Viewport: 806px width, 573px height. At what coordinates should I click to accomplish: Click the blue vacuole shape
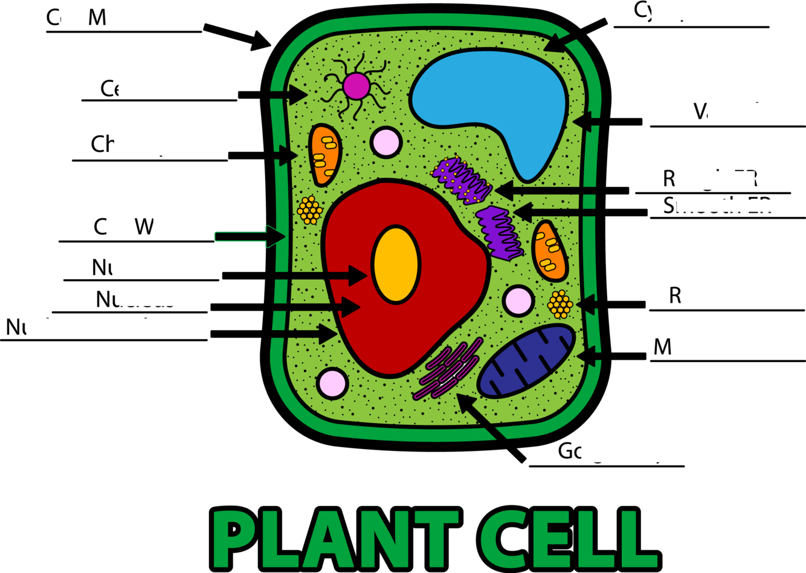coord(483,97)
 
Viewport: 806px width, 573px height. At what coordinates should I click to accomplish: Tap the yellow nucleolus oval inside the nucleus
coord(396,265)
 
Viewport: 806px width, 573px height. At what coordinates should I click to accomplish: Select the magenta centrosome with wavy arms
coord(356,86)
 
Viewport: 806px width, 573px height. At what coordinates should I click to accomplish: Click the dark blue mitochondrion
coord(526,361)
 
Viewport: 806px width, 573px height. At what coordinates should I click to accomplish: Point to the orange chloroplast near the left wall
coord(324,156)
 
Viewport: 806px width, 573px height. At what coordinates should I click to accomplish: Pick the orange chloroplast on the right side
coord(549,250)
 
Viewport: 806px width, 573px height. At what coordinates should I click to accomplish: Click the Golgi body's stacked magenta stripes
coord(448,369)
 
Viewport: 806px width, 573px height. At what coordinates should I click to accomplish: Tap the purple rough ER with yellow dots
coord(463,180)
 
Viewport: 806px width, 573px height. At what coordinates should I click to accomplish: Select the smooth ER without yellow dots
coord(499,233)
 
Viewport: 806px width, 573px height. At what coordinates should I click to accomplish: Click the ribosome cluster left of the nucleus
coord(310,210)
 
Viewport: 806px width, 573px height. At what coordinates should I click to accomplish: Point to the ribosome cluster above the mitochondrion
coord(560,304)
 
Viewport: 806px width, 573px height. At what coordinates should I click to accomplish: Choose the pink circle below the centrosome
coord(386,142)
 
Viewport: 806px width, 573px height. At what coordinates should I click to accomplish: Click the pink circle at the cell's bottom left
coord(332,383)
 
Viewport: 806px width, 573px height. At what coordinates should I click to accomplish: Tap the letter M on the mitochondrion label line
coord(663,347)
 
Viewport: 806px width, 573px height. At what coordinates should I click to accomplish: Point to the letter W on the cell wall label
coord(144,227)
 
